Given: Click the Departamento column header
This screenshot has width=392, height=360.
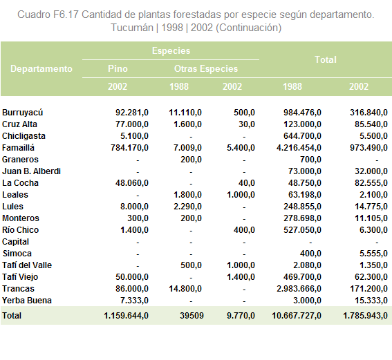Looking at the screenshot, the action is click(x=41, y=68).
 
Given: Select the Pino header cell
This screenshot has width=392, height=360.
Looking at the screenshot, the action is click(x=118, y=68).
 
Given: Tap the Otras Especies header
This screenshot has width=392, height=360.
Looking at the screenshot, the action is click(x=206, y=68).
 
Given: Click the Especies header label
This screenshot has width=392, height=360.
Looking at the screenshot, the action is click(x=171, y=51).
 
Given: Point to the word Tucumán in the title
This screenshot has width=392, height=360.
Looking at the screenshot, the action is click(x=132, y=28).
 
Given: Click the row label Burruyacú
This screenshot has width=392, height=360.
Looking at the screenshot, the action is click(x=23, y=113).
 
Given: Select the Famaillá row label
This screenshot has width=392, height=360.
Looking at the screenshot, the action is click(x=18, y=148).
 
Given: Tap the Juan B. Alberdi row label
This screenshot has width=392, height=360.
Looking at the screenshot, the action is click(x=31, y=171).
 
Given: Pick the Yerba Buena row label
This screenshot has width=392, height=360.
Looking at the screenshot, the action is click(x=27, y=301).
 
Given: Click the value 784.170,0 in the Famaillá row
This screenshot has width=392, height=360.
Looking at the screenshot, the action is click(x=129, y=148).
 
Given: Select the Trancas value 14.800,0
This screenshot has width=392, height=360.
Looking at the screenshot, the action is click(x=185, y=289).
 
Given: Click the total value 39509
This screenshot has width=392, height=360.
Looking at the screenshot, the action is click(x=192, y=316).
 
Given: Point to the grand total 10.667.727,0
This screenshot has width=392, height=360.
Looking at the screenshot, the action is click(x=297, y=316).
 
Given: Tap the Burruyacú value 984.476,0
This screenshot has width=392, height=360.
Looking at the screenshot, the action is click(x=302, y=113).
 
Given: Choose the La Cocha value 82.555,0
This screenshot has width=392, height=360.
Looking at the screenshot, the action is click(x=371, y=183).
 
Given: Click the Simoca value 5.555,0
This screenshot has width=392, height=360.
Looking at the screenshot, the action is click(x=374, y=254).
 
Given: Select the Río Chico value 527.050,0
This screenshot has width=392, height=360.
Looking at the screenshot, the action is click(x=302, y=230).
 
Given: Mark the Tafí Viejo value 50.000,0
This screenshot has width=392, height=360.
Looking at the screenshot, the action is click(x=132, y=277).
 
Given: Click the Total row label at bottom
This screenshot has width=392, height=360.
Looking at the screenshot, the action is click(x=12, y=316).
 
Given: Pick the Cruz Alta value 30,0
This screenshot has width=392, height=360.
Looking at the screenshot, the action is click(x=247, y=124).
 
